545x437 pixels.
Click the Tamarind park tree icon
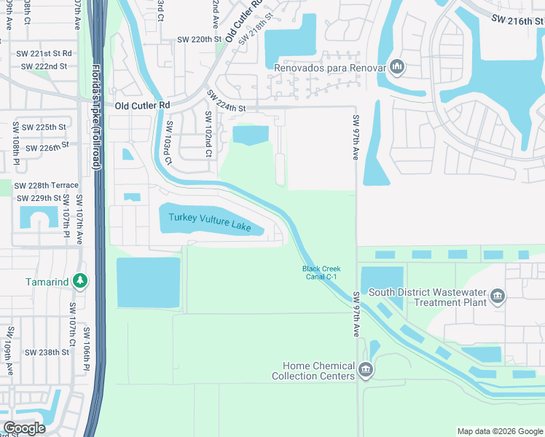tap(81, 280)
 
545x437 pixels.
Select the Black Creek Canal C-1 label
tap(321, 273)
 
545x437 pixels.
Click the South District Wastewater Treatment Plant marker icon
tap(498, 295)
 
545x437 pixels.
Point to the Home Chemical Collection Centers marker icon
tap(366, 371)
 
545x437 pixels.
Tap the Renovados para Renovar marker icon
tap(397, 68)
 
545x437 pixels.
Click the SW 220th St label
tap(199, 42)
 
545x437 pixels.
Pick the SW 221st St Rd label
tap(46, 53)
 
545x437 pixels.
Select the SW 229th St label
tap(39, 198)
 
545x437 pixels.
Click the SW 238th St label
tap(47, 352)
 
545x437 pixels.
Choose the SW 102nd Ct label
tap(208, 135)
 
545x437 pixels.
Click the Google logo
tap(24, 428)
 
